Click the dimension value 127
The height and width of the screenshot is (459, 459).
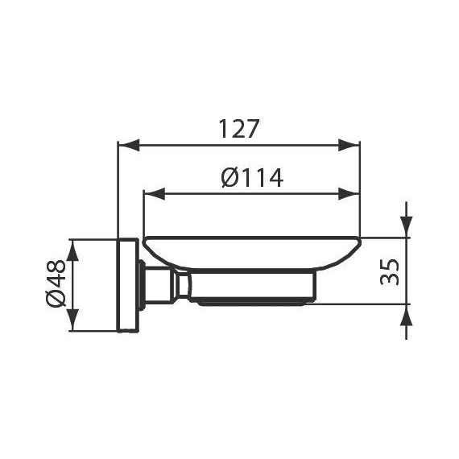tap(239, 129)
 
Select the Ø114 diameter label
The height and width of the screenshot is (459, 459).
tap(252, 177)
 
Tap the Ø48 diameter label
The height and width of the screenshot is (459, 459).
tap(56, 283)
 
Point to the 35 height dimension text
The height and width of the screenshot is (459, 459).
tap(390, 272)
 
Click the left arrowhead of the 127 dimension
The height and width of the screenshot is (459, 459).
tap(128, 145)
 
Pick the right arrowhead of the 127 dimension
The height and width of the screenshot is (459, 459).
tap(349, 145)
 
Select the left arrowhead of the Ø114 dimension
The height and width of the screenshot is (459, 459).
tap(155, 194)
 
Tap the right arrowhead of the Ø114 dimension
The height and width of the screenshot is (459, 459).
tap(349, 194)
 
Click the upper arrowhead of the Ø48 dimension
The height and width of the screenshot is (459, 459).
tap(73, 250)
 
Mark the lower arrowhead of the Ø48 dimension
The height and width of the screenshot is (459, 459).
tap(73, 320)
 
